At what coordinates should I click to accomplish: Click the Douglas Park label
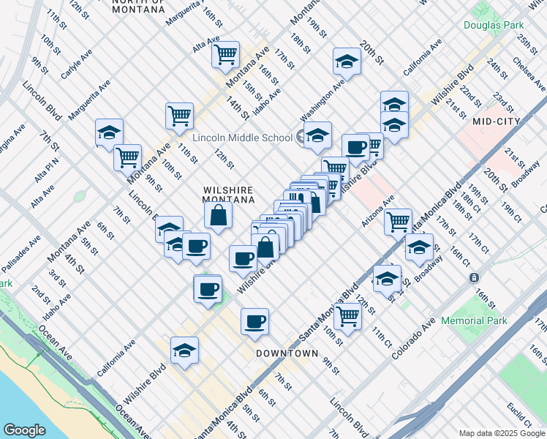pos(491,25)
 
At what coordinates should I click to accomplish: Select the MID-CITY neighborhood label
pos(496,121)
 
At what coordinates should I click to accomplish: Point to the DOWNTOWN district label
pos(287,353)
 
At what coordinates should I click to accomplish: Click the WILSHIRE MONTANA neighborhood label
pos(229,195)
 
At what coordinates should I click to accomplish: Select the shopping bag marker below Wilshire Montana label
pos(218,215)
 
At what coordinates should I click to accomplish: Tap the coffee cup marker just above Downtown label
pos(254,321)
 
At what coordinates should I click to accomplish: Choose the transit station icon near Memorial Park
pos(474,278)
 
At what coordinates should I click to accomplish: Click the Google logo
pos(24,430)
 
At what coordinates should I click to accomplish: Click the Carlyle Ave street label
pos(77,64)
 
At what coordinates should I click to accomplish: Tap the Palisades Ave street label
pos(24,253)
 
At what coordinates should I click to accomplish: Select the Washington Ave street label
pos(322,101)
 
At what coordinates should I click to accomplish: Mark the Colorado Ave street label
pos(417,338)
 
